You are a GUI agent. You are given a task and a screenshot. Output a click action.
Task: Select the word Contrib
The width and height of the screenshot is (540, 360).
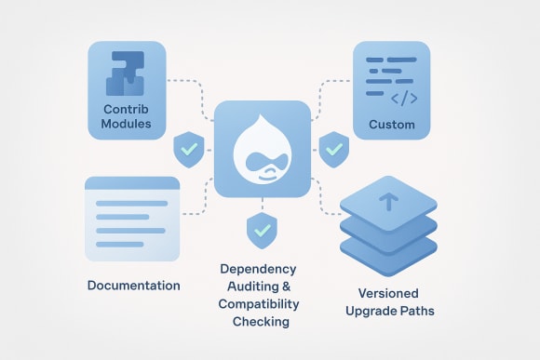click(x=127, y=108)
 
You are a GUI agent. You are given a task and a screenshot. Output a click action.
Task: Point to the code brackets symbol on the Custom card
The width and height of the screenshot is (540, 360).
click(x=403, y=97)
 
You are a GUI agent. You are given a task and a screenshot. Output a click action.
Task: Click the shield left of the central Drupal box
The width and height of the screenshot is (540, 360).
click(x=189, y=148)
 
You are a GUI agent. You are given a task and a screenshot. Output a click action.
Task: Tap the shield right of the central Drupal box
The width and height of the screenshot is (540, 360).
click(x=332, y=148)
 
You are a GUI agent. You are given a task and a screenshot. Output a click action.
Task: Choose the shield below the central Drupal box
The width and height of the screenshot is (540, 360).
click(x=260, y=227)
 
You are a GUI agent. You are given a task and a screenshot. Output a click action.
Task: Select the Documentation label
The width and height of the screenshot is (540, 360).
click(x=133, y=285)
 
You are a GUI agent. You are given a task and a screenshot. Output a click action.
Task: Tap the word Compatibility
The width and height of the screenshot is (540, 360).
click(x=261, y=304)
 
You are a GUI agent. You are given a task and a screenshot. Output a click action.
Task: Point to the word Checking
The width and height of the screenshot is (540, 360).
click(x=261, y=322)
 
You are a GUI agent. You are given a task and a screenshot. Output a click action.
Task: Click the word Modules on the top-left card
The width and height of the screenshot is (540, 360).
click(x=128, y=124)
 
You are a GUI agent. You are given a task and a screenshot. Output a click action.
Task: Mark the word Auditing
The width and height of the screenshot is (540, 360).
click(x=260, y=287)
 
